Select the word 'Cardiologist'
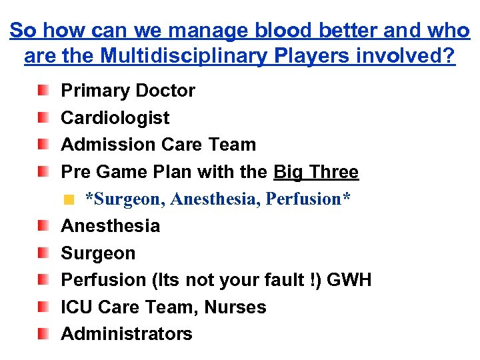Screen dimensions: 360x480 pos(115,118)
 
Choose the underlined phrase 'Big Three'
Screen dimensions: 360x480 pos(316,172)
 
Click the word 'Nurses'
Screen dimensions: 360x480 pos(235,307)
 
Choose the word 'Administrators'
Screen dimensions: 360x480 pos(127,334)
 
